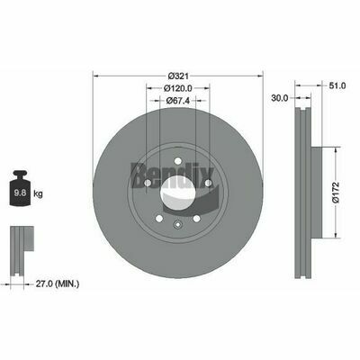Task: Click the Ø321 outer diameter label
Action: [x=176, y=75]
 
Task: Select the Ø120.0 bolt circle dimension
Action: [x=177, y=89]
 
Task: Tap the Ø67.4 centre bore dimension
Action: [x=177, y=101]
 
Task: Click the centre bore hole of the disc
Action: [x=177, y=191]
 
